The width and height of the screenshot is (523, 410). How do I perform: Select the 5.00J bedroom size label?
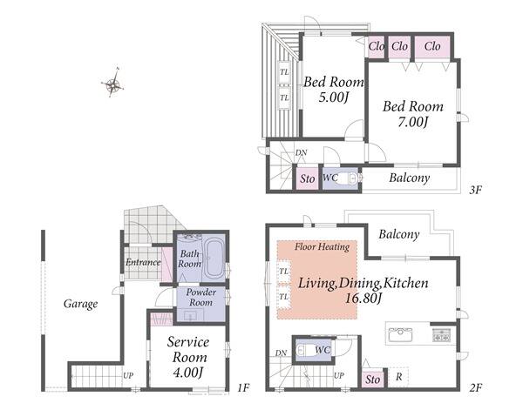334,97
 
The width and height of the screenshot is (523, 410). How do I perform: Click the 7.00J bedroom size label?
413,122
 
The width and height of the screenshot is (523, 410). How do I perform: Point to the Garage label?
81,304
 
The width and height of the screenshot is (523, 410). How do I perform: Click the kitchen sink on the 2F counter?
400,334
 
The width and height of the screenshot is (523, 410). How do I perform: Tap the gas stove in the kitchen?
442,335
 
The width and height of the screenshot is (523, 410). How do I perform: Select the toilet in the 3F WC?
348,178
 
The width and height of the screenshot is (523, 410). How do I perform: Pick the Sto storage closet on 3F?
307,178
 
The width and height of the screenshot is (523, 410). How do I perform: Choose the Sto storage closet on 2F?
372,379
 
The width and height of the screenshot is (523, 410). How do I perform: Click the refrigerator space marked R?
399,377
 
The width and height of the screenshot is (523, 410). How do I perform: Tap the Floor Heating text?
322,247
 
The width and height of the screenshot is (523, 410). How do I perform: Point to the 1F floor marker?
243,387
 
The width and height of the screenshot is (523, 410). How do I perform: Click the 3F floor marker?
476,190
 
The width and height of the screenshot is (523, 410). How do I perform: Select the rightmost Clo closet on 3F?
432,46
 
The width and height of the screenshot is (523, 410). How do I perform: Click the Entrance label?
143,263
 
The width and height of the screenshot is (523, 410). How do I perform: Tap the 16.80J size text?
363,299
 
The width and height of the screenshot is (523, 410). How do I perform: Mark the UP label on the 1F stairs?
128,376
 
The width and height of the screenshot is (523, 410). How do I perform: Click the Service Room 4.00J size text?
188,373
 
